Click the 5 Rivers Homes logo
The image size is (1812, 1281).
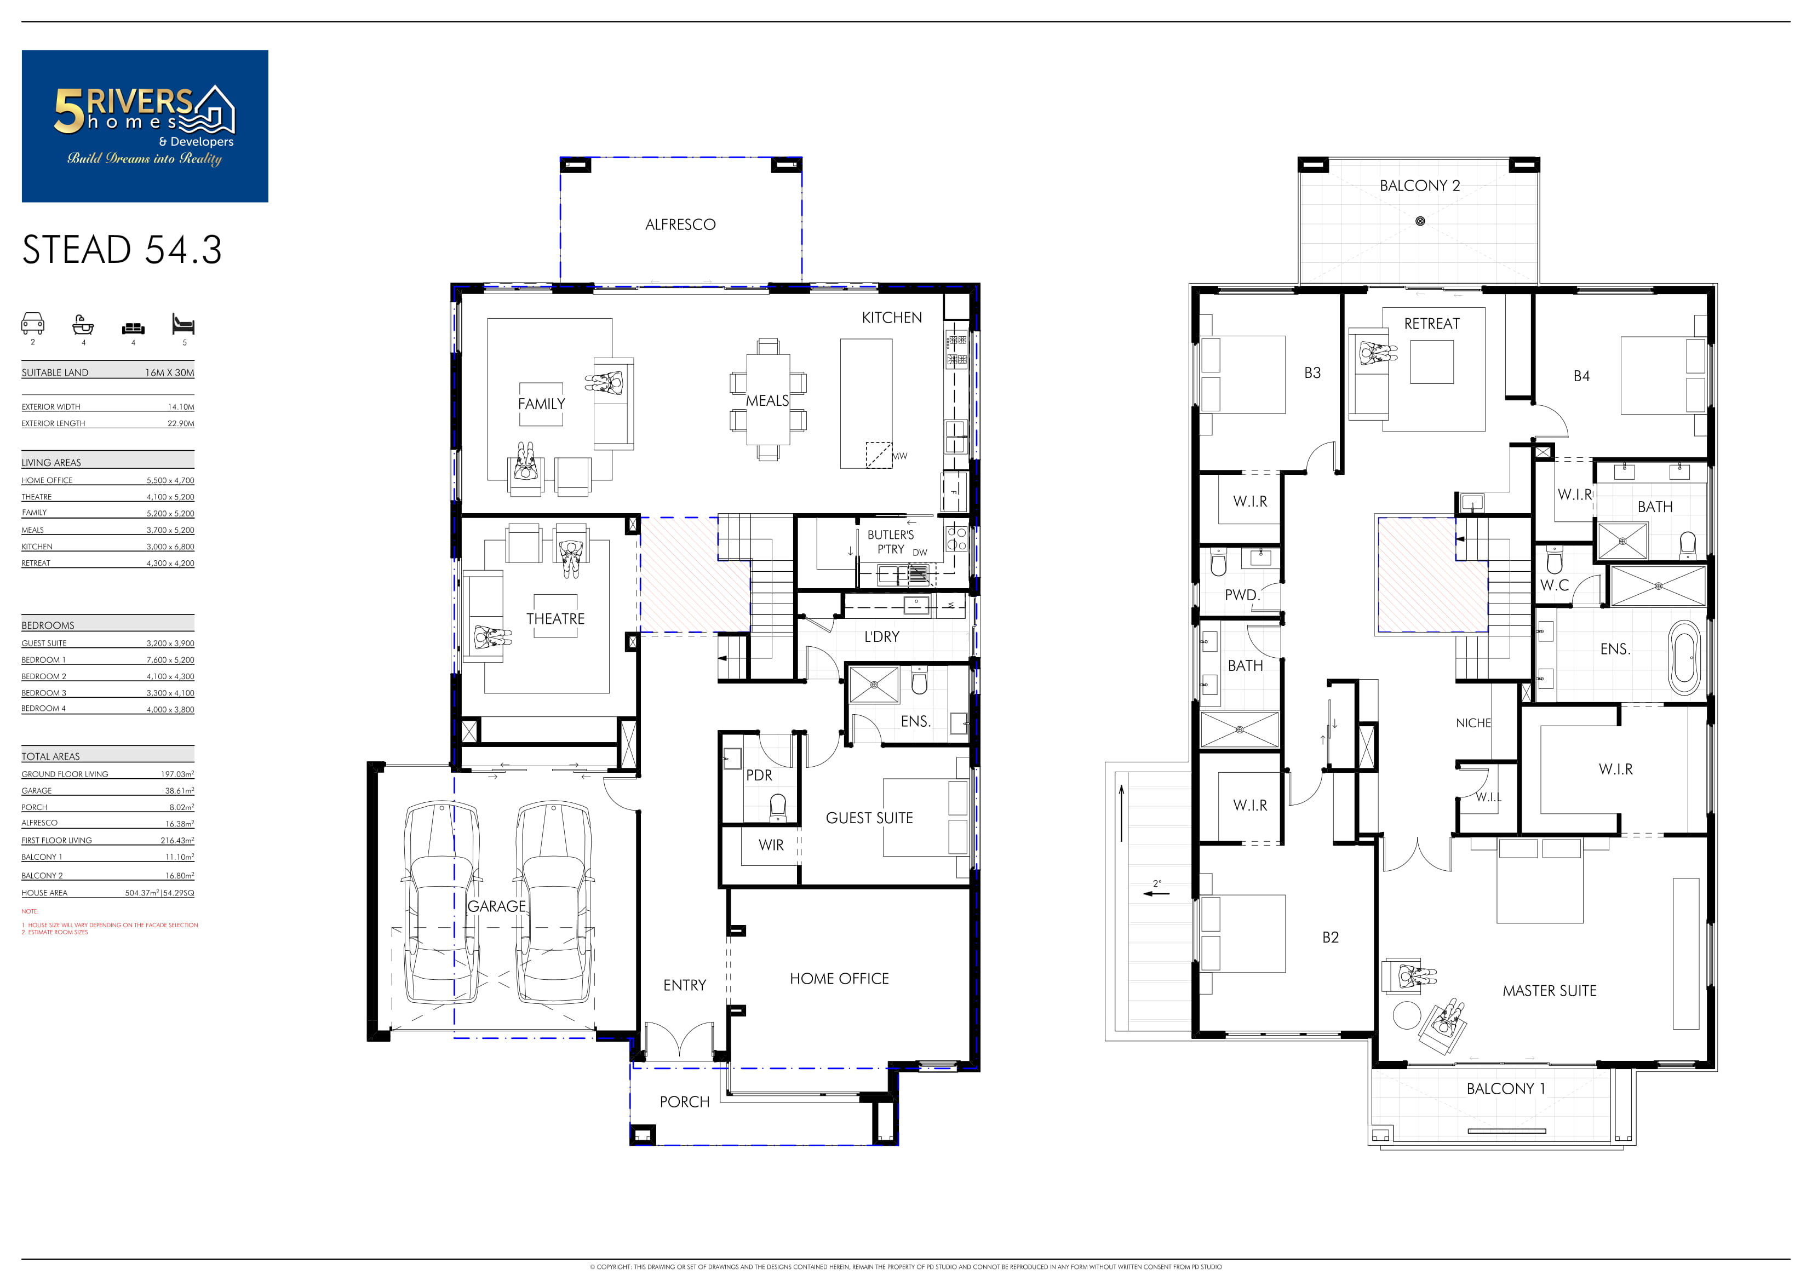pos(145,127)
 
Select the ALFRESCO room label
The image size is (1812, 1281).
pos(680,225)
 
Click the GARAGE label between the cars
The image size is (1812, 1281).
pos(496,906)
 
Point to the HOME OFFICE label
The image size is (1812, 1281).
pos(839,979)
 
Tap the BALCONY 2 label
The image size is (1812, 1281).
pos(1420,186)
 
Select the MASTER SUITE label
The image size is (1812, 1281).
pos(1549,991)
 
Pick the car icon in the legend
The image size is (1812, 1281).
pos(32,324)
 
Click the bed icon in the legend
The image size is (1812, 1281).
pos(183,324)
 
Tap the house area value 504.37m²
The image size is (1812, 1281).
pos(142,893)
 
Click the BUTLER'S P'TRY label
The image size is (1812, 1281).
pos(891,542)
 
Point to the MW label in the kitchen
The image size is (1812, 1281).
pos(899,456)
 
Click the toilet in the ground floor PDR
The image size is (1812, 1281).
pos(778,807)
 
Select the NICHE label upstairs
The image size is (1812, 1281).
pos(1473,723)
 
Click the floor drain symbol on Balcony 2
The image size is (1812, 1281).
pos(1420,221)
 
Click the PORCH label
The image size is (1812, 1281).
pos(684,1102)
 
